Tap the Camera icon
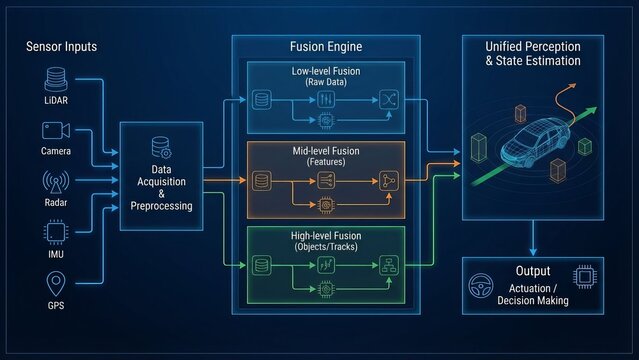(56, 130)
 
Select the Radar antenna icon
(56, 182)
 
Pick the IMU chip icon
(56, 232)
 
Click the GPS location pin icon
(56, 284)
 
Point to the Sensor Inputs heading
(60, 47)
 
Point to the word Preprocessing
(161, 207)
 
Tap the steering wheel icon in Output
(479, 285)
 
